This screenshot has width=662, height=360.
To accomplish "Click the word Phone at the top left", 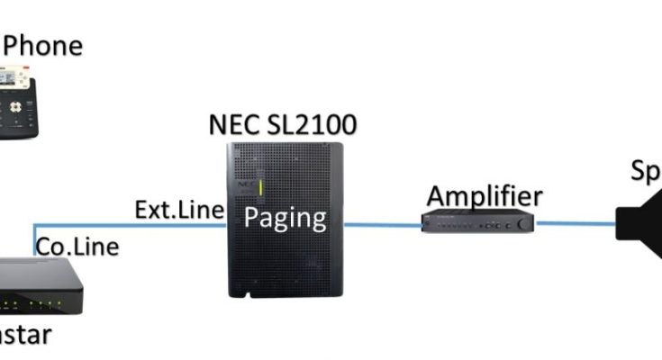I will click(x=43, y=44).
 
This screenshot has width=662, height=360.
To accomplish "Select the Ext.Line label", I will click(x=178, y=210).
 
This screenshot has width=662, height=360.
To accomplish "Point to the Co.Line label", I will click(x=77, y=246).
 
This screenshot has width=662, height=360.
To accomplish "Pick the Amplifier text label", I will click(x=485, y=195).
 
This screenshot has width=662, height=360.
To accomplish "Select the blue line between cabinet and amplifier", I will click(x=383, y=224).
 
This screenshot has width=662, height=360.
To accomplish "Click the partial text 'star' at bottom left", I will click(x=27, y=335).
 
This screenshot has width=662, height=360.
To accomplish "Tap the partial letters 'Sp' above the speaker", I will click(x=645, y=172).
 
